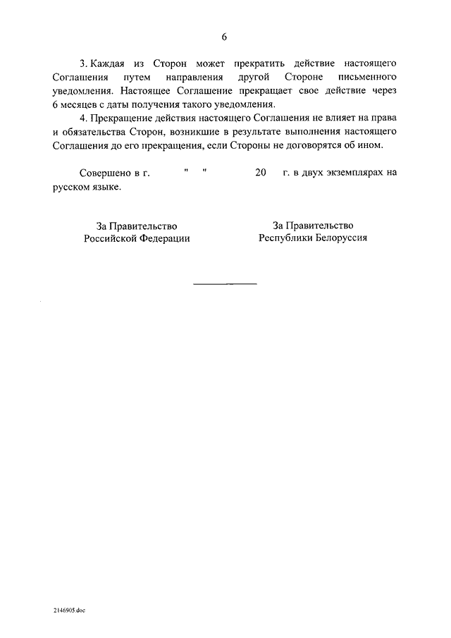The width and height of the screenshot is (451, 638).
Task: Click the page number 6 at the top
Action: pyautogui.click(x=225, y=37)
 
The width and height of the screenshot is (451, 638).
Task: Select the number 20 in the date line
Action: pyautogui.click(x=261, y=173)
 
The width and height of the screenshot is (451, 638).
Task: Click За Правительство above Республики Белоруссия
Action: pyautogui.click(x=312, y=225)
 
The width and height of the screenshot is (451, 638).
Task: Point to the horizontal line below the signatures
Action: pyautogui.click(x=225, y=284)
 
